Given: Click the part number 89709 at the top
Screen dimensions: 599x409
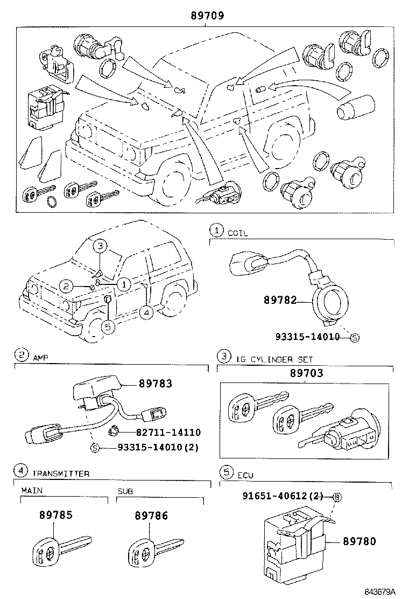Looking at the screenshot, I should (207, 16).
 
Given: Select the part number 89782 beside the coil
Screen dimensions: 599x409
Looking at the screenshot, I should (280, 299).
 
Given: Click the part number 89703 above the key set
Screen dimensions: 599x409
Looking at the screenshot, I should (306, 373).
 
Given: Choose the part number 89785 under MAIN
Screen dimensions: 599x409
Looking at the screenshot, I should (55, 515).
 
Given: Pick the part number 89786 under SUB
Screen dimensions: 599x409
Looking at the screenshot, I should (151, 516).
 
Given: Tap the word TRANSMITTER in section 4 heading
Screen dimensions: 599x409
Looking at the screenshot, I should (61, 473).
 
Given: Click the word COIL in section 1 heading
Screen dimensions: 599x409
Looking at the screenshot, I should (237, 233).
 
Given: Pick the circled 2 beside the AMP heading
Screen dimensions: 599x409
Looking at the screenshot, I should (21, 355).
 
